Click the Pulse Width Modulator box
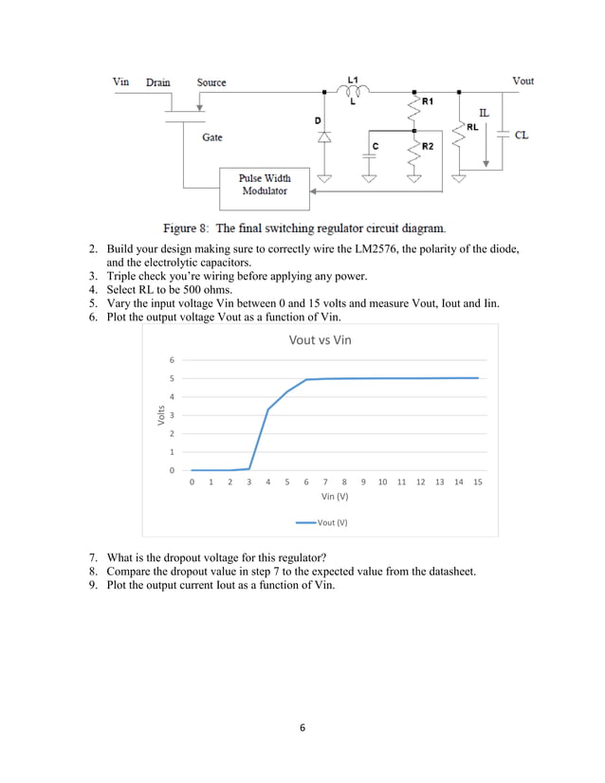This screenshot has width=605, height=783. point(265,185)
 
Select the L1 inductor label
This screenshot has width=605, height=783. point(353,79)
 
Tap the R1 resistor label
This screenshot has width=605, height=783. point(427,100)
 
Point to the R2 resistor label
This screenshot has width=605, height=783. point(427,146)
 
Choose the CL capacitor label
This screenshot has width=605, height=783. point(522,136)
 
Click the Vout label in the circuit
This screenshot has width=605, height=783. point(522,82)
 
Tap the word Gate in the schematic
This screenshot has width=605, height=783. point(211,137)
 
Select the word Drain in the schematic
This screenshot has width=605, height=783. point(158,82)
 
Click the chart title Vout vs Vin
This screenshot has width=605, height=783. point(321,339)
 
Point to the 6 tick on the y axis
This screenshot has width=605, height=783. point(172,360)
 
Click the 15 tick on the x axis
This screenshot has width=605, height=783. point(478,482)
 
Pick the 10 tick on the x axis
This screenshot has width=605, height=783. point(382,482)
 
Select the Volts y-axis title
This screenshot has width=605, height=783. point(159,414)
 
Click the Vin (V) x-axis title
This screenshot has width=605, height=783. point(335,496)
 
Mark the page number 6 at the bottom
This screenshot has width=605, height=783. point(302,728)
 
